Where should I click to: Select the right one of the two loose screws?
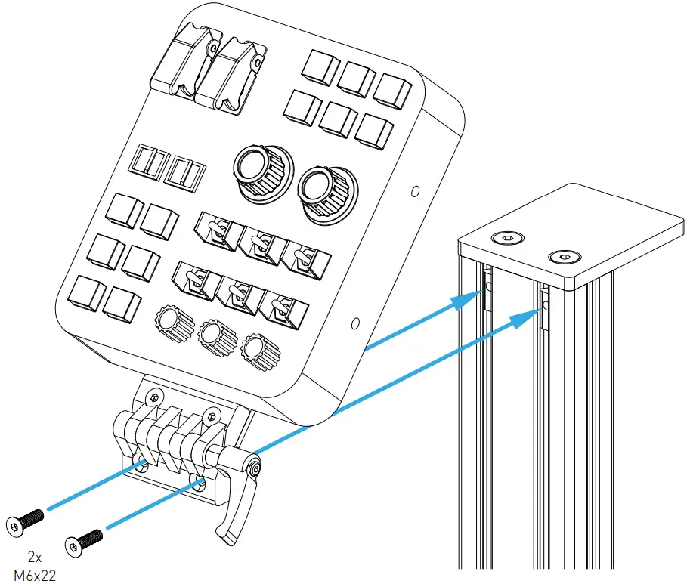[85, 541]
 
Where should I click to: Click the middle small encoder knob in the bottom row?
[215, 337]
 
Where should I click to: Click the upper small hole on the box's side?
[414, 193]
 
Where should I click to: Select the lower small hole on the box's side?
[355, 325]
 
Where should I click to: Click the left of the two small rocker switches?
[149, 164]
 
